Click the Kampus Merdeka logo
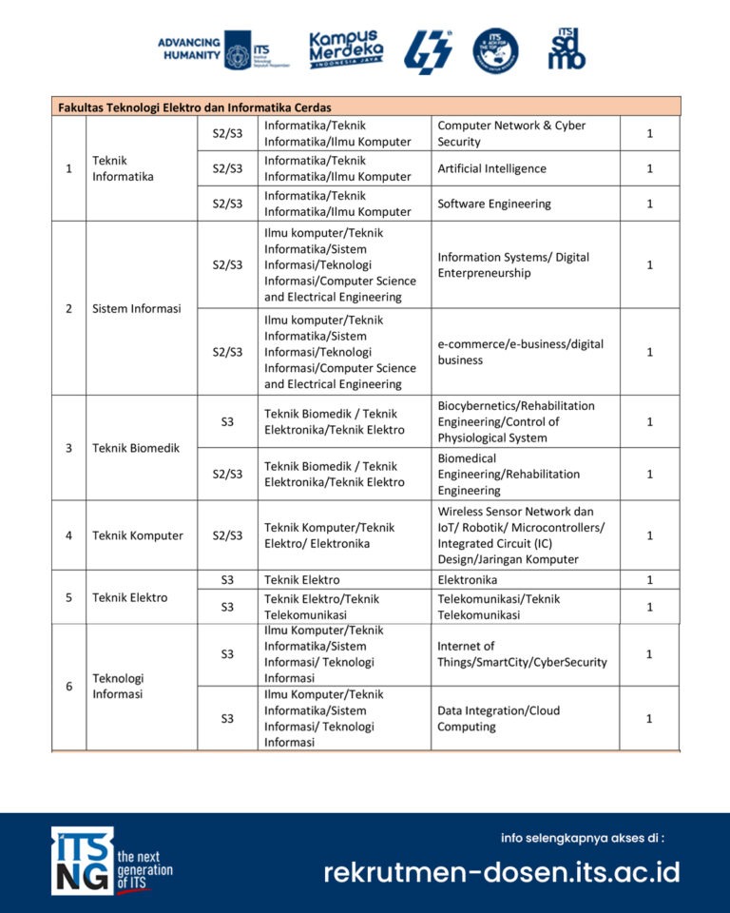coord(346,49)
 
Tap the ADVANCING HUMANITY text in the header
coord(189,49)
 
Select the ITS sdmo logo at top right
coord(567,49)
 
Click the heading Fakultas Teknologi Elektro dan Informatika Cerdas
coord(195,107)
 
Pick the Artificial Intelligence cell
coord(491,168)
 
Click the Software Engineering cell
coord(493,204)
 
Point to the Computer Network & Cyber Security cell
coord(511,133)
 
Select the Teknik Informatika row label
coord(123,168)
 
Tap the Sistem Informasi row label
coord(136,308)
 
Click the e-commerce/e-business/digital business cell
coord(520,352)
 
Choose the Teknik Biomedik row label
coord(135,448)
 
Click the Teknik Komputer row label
coord(137,535)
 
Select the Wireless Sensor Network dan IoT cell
coord(521,535)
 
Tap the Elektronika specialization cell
coord(467,579)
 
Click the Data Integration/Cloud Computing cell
coord(498,718)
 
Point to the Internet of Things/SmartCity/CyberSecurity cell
coord(521,653)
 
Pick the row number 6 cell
coord(68,686)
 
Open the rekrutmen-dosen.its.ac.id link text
coord(501,872)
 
